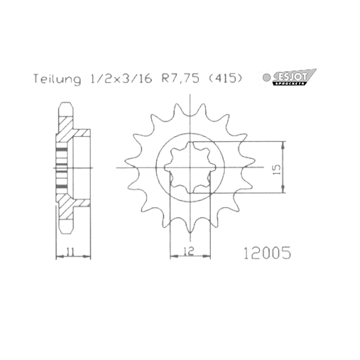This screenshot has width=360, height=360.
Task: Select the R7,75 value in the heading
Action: click(x=180, y=79)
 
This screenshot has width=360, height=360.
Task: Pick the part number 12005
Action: click(x=268, y=253)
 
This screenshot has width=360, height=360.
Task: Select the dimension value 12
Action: click(x=189, y=250)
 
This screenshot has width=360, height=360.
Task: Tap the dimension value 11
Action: click(x=70, y=251)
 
